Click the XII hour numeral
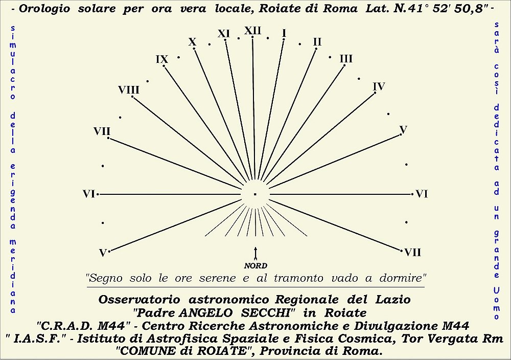click(x=253, y=31)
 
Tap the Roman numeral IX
click(x=162, y=59)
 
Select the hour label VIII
click(x=129, y=90)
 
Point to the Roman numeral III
click(x=346, y=59)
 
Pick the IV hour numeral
click(x=379, y=86)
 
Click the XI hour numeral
click(x=224, y=34)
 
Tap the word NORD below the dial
click(x=255, y=265)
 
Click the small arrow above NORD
click(x=255, y=253)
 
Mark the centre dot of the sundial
click(x=255, y=194)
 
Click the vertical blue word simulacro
click(x=13, y=61)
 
